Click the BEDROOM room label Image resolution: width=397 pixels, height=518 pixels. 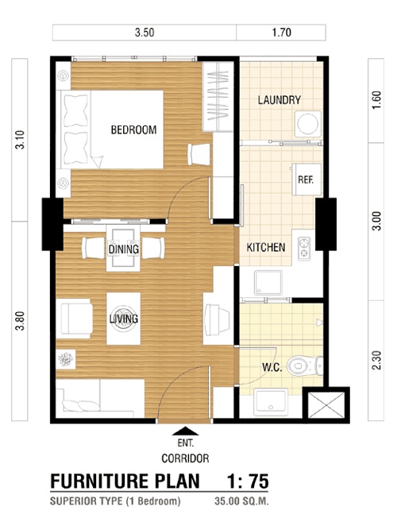pyautogui.click(x=133, y=129)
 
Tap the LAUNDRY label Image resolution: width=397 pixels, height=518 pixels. pyautogui.click(x=279, y=100)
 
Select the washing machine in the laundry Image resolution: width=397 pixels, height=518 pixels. pyautogui.click(x=308, y=124)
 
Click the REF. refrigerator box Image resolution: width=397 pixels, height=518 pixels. pyautogui.click(x=306, y=180)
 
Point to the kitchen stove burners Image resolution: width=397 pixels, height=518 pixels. pyautogui.click(x=304, y=248)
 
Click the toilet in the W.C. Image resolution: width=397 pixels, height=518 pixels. pyautogui.click(x=305, y=365)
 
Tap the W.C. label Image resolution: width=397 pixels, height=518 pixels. pyautogui.click(x=272, y=367)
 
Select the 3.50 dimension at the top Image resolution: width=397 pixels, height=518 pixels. pyautogui.click(x=145, y=33)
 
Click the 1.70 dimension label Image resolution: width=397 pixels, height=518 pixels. pyautogui.click(x=281, y=33)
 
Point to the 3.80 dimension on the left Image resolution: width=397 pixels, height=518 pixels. pyautogui.click(x=20, y=321)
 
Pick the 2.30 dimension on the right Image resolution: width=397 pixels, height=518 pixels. pyautogui.click(x=377, y=361)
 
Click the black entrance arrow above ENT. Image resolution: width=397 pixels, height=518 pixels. pyautogui.click(x=185, y=431)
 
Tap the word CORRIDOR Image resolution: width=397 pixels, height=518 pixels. pyautogui.click(x=185, y=458)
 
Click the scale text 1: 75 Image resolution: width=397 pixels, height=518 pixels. pyautogui.click(x=248, y=481)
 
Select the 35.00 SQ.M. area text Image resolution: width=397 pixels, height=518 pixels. pyautogui.click(x=241, y=501)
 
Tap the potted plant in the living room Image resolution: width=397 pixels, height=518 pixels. pyautogui.click(x=65, y=359)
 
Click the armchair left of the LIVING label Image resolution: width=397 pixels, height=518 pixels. pyautogui.click(x=75, y=319)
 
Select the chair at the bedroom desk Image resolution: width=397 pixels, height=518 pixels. pyautogui.click(x=199, y=154)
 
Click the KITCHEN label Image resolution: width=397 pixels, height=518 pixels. pyautogui.click(x=265, y=247)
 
